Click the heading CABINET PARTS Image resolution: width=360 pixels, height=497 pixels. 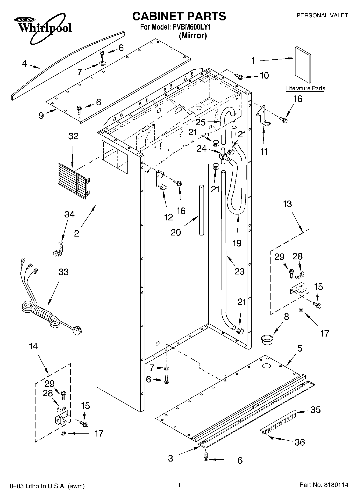[179, 16]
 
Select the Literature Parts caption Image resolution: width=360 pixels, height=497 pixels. [305, 88]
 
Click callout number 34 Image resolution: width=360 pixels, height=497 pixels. [69, 214]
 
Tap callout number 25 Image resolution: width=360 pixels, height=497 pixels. [201, 122]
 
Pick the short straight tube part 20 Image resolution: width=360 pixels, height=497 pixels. [201, 210]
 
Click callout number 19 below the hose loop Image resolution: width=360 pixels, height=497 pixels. [237, 243]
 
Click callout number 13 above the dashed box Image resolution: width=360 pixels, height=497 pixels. [287, 204]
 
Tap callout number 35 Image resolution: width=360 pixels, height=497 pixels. [315, 410]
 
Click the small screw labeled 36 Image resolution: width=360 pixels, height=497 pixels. [272, 438]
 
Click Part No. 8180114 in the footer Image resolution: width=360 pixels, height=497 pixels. [324, 485]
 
